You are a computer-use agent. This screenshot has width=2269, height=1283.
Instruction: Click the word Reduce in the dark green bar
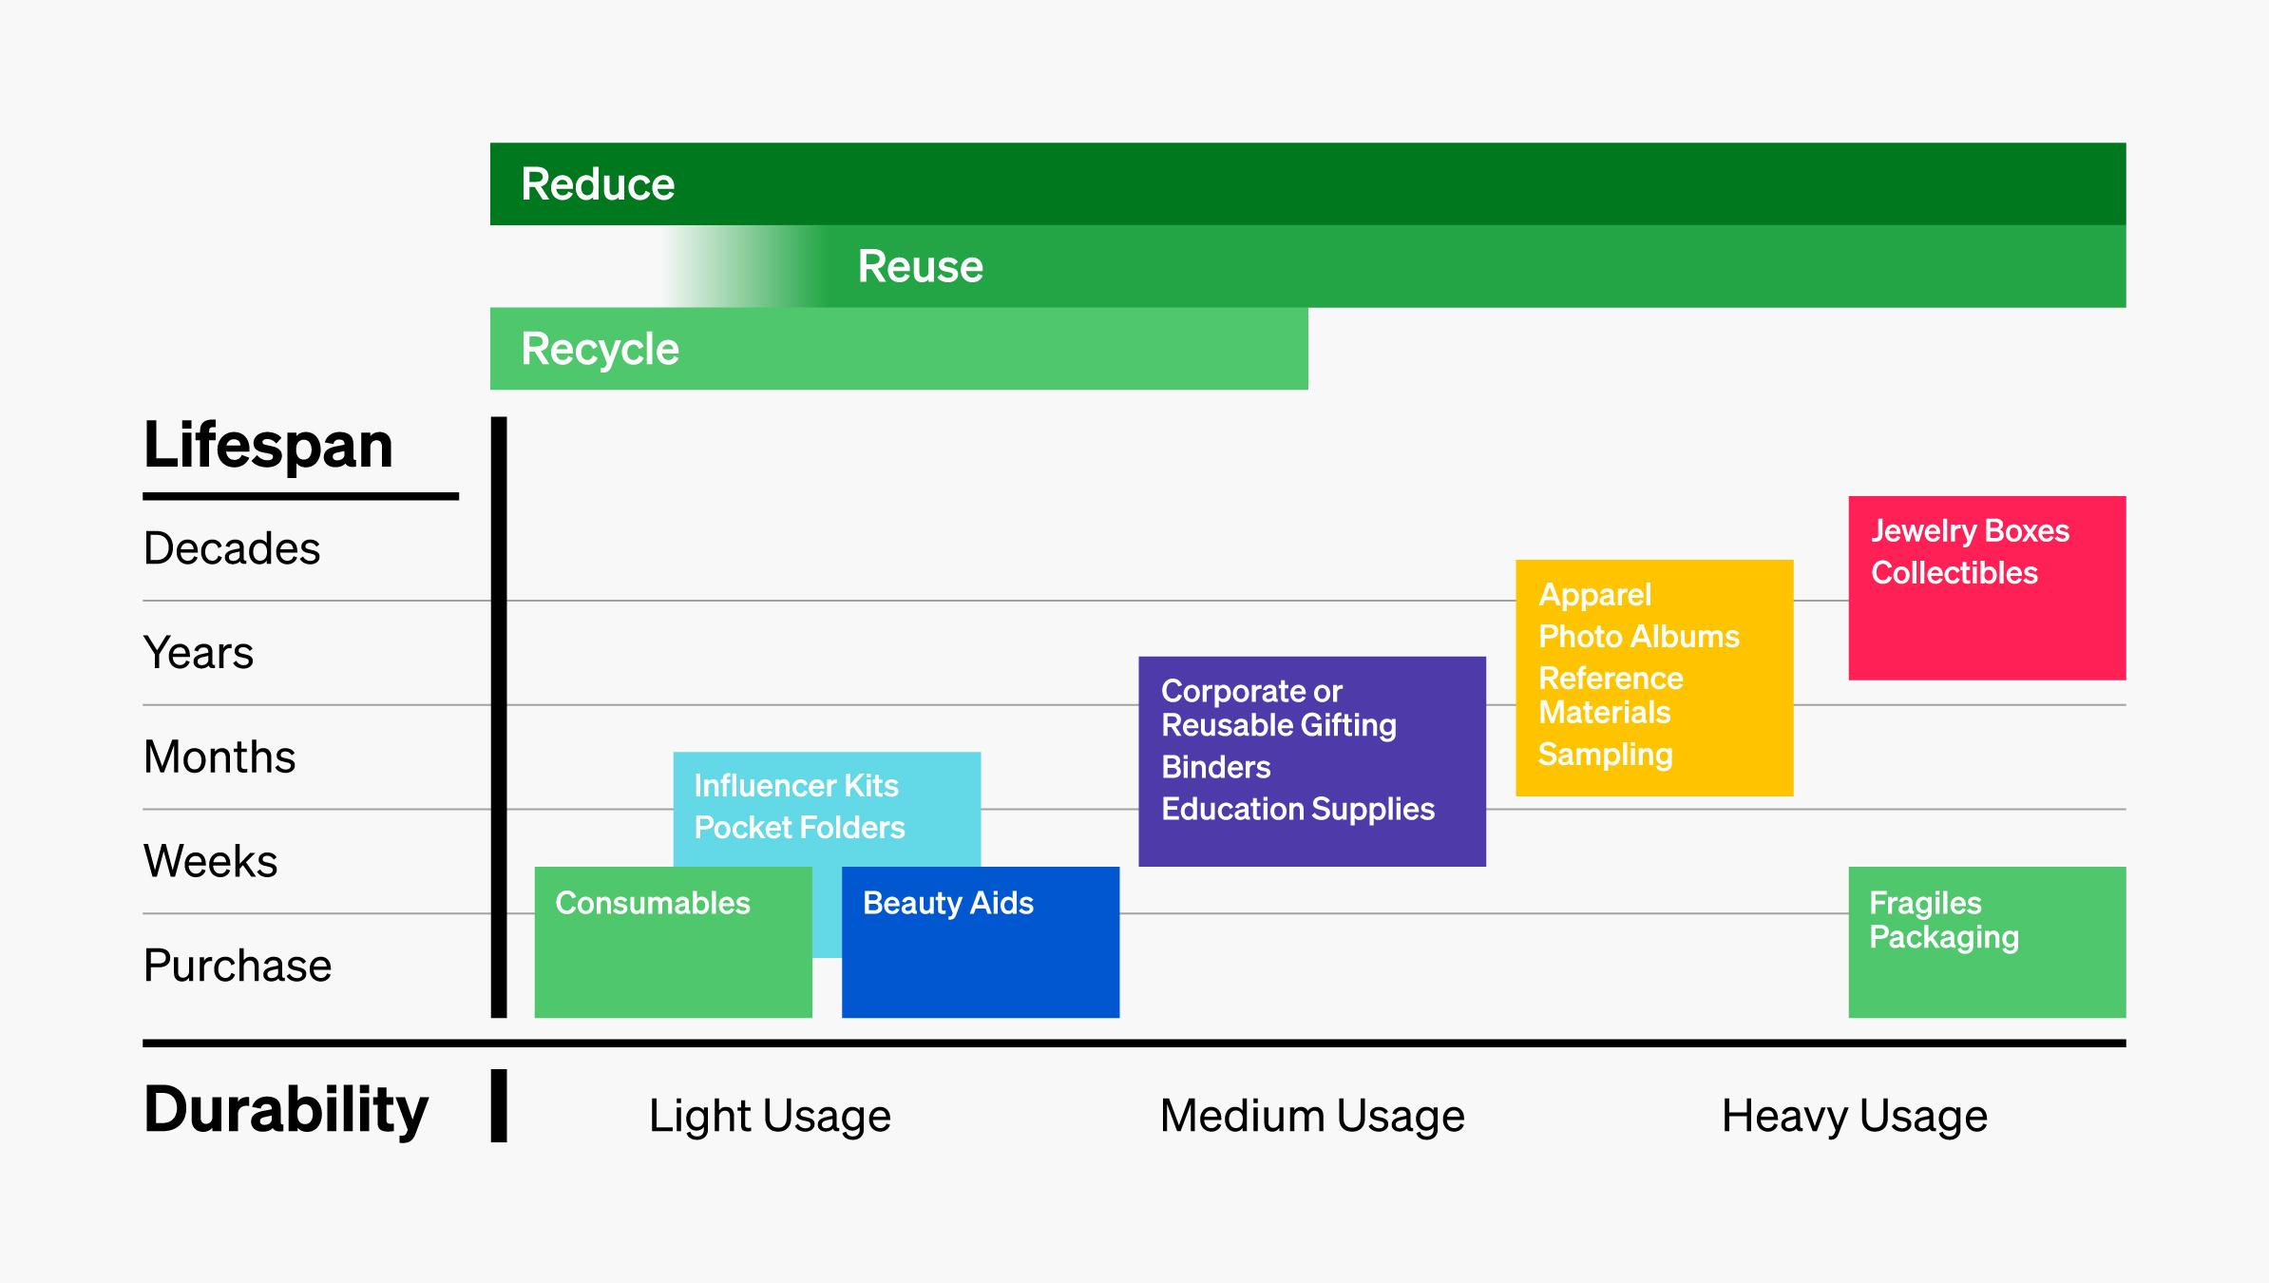(598, 184)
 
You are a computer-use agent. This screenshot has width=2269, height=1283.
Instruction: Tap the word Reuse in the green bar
(920, 266)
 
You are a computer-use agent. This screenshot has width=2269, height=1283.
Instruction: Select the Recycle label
(600, 349)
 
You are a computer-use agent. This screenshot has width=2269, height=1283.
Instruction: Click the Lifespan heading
(268, 445)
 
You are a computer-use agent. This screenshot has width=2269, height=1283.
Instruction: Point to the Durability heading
(285, 1109)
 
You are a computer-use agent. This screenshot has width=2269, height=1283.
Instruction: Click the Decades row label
(232, 548)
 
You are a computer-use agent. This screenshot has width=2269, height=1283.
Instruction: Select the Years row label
(199, 653)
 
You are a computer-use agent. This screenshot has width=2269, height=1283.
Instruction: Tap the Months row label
(219, 757)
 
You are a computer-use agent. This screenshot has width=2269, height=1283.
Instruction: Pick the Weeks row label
(210, 861)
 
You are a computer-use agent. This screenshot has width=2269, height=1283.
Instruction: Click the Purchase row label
(238, 966)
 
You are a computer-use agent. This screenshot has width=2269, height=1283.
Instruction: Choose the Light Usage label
(770, 1116)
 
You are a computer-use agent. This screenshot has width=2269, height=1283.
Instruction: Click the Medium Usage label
(1312, 1116)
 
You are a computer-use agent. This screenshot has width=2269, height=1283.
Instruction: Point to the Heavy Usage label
(1854, 1116)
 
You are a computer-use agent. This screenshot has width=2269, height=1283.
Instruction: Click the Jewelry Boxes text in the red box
(1970, 530)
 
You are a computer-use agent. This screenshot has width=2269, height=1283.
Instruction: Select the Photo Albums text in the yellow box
(1638, 636)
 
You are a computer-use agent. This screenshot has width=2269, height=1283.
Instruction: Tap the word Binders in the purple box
(1215, 767)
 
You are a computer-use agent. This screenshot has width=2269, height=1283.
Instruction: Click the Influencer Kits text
(795, 786)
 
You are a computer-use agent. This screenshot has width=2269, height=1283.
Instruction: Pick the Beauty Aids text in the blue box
(947, 903)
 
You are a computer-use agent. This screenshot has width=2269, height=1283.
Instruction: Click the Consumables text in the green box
(652, 903)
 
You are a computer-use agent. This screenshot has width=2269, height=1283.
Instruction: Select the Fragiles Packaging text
(1942, 920)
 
